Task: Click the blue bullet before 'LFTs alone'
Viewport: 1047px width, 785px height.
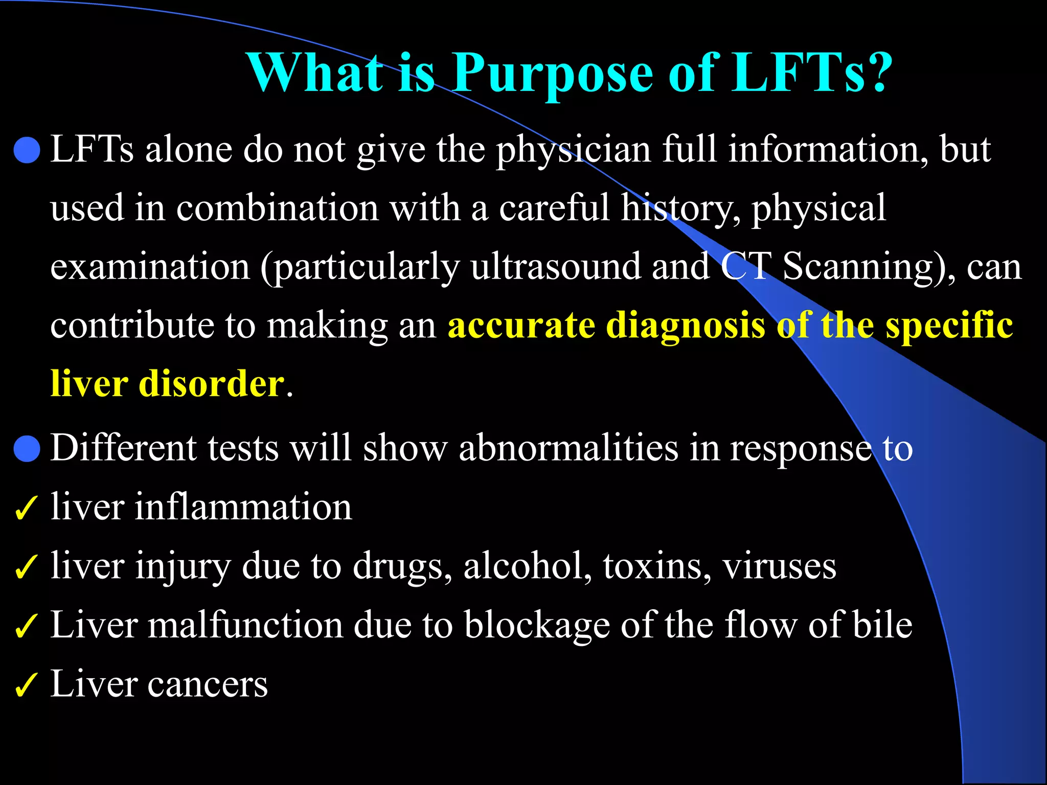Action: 27,150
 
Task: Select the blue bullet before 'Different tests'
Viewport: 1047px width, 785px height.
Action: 27,449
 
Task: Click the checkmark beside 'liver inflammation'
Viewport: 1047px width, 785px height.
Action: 26,508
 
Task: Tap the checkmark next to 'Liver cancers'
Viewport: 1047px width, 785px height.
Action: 26,685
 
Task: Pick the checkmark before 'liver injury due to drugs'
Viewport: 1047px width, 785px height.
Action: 26,567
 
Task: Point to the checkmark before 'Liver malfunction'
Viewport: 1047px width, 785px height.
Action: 26,626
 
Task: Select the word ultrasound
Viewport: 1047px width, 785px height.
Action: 555,267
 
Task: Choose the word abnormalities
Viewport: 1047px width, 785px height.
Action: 568,448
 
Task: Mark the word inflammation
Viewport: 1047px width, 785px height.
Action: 243,507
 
